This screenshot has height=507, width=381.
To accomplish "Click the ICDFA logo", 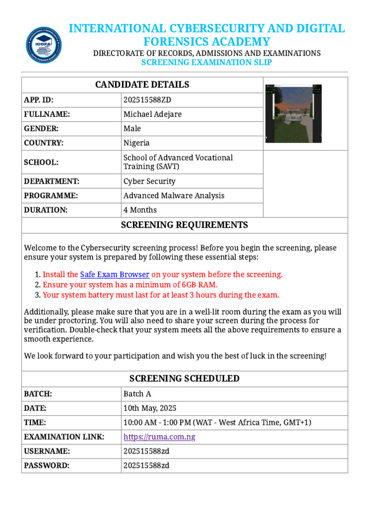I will click(x=44, y=45).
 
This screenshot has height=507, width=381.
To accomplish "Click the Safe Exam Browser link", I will click(x=115, y=274).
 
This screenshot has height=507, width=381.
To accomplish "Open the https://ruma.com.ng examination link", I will click(x=159, y=437).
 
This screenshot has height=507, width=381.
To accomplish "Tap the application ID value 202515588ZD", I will click(x=147, y=100).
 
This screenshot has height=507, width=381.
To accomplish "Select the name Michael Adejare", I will click(x=152, y=114).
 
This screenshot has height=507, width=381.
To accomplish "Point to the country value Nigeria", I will click(x=136, y=143).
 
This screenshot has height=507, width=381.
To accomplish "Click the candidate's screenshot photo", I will click(x=294, y=113).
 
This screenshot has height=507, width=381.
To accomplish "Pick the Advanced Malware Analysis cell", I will click(x=174, y=196).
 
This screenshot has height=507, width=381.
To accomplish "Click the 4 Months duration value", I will click(x=140, y=210).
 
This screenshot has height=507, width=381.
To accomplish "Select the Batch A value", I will click(x=137, y=394).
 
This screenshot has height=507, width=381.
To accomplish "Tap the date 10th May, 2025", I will click(x=150, y=408).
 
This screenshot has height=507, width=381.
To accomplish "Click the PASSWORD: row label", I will click(x=47, y=466).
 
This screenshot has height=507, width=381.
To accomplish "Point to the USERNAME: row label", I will click(x=47, y=452).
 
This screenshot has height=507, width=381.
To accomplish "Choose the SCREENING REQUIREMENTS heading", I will click(x=185, y=225).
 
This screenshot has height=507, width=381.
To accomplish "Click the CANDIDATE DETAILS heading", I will click(x=142, y=85).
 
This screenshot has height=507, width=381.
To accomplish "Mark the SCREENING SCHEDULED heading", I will click(x=185, y=379).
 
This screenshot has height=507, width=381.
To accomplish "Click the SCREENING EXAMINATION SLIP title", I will click(x=206, y=62).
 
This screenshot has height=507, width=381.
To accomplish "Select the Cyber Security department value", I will click(x=149, y=181).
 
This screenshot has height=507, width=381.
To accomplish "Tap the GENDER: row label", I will click(x=41, y=129).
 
